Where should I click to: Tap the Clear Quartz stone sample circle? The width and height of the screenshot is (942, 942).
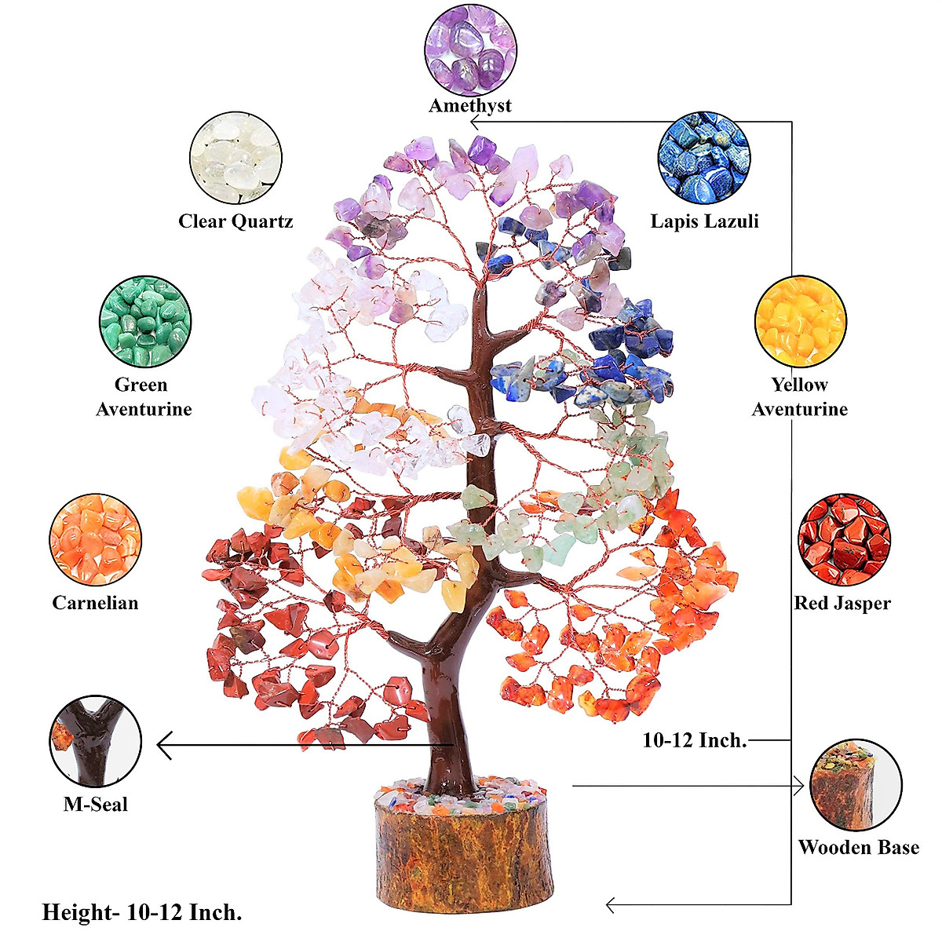(235, 158)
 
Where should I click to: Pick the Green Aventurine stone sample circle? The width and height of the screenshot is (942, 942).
(145, 322)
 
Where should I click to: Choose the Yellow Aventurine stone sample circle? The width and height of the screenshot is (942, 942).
(800, 322)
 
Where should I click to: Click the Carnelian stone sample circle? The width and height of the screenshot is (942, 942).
(96, 540)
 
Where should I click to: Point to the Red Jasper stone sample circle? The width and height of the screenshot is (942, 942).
(844, 540)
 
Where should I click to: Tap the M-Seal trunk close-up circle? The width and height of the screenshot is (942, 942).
(96, 741)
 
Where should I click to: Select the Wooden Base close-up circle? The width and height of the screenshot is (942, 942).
(856, 785)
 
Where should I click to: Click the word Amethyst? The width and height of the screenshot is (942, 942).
(470, 106)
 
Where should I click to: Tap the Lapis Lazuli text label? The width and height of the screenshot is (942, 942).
(704, 221)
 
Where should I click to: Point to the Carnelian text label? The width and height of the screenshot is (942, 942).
(96, 603)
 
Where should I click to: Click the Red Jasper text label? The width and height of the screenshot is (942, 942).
(842, 604)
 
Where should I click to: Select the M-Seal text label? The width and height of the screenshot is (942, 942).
(96, 805)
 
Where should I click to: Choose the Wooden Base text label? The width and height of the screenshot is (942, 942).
(858, 848)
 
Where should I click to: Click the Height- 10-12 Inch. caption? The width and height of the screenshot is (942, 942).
(142, 912)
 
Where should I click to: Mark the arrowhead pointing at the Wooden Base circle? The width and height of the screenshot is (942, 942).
(800, 785)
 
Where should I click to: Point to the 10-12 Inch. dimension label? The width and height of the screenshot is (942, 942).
(695, 740)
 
